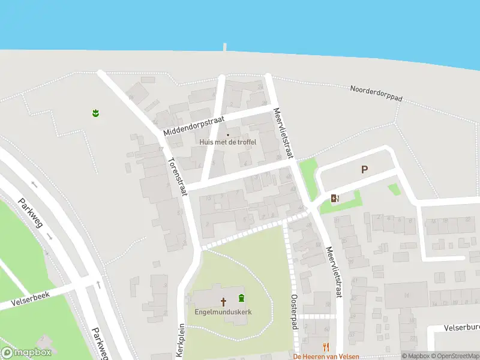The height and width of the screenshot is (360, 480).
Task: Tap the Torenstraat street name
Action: pyautogui.click(x=176, y=176)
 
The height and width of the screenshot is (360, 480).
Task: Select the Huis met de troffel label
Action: pyautogui.click(x=228, y=142)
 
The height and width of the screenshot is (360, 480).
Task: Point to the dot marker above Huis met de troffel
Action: pyautogui.click(x=227, y=134)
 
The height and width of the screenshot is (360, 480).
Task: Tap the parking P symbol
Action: pyautogui.click(x=364, y=170)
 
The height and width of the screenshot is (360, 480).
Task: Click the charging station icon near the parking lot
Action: pyautogui.click(x=335, y=199)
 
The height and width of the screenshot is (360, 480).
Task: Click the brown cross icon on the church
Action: pyautogui.click(x=223, y=301)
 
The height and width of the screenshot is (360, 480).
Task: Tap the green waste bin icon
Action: pyautogui.click(x=241, y=298)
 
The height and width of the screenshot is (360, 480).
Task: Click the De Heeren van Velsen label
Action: pyautogui.click(x=326, y=356)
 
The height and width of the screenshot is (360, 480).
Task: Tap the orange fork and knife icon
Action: pyautogui.click(x=326, y=346)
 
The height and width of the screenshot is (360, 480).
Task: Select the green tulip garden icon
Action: pyautogui.click(x=95, y=112)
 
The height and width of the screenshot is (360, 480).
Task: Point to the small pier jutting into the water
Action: pyautogui.click(x=225, y=46)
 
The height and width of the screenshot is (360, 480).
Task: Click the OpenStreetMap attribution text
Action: pyautogui.click(x=454, y=356)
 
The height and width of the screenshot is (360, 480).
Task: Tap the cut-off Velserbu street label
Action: pyautogui.click(x=462, y=328)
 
